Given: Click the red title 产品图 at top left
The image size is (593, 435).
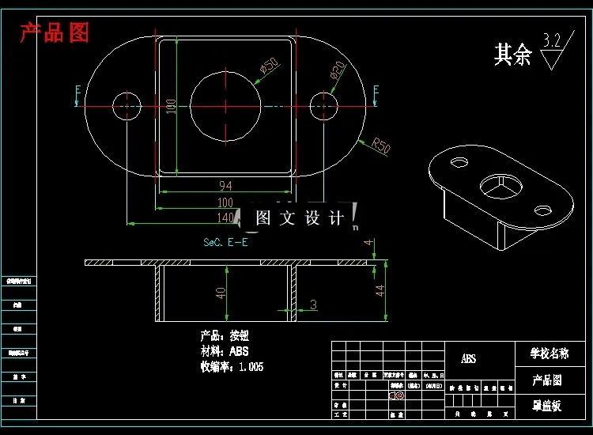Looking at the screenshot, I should (55, 33).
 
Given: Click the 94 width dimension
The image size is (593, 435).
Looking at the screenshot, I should (225, 186).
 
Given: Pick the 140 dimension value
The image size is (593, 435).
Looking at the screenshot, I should (225, 217).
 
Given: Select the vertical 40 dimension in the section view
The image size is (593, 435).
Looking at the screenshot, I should (221, 292).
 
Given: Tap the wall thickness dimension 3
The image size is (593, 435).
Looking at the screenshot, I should (313, 304).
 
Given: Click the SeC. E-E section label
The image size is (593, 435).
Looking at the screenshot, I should (225, 242).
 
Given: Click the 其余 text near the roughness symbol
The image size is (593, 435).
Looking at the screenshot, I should (512, 55).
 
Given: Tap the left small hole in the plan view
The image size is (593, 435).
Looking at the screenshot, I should (127, 105).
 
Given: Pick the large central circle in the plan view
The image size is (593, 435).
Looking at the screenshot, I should (225, 105).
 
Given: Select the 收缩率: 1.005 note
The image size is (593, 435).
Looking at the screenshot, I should (232, 367).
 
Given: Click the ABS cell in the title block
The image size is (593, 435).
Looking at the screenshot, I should (469, 358).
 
